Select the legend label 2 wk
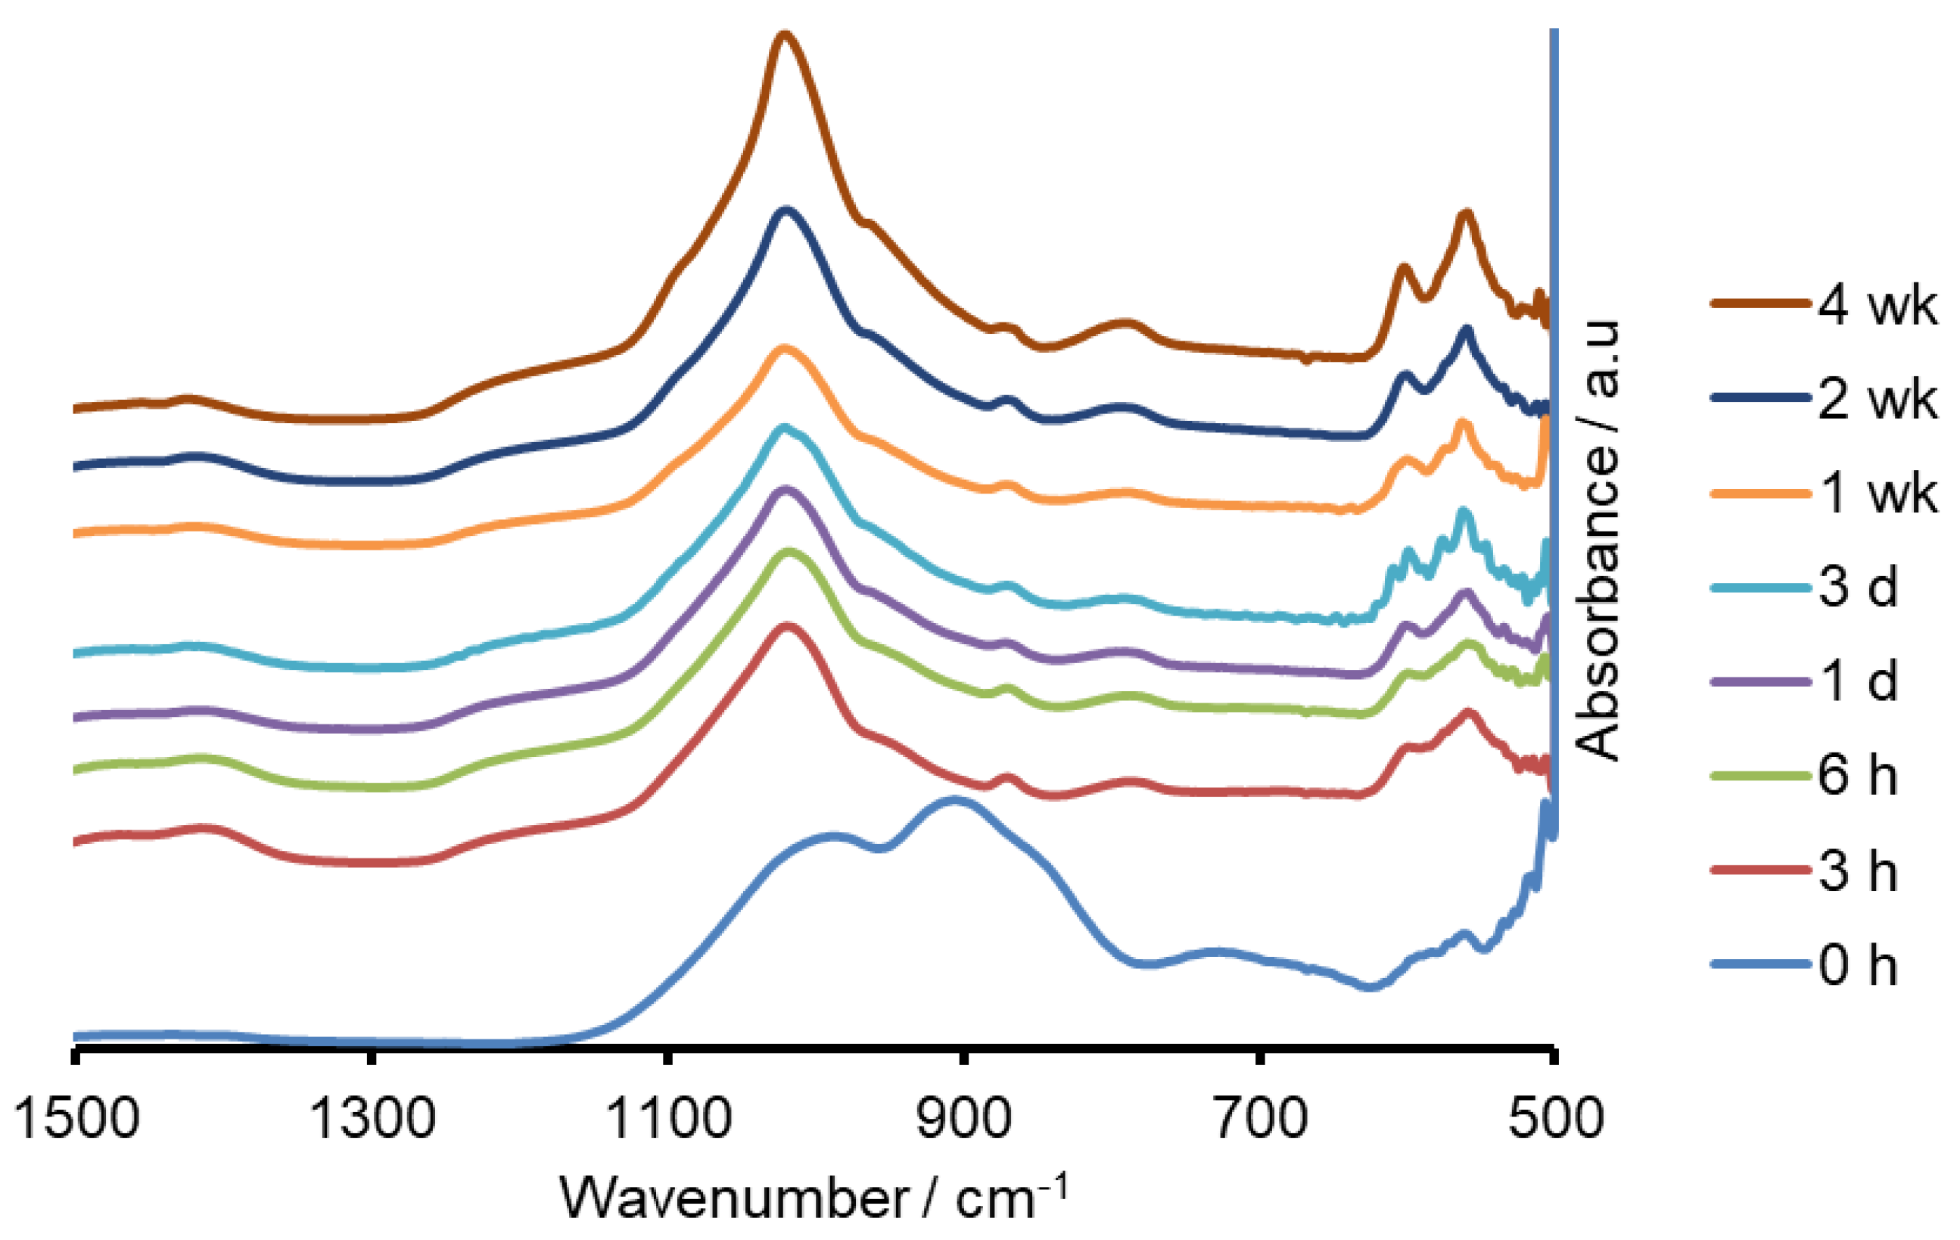pyautogui.click(x=1877, y=400)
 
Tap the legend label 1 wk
pyautogui.click(x=1877, y=494)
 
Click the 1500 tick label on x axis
pyautogui.click(x=76, y=1119)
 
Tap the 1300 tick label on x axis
pyautogui.click(x=373, y=1119)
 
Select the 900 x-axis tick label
pyautogui.click(x=963, y=1119)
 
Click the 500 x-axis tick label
pyautogui.click(x=1555, y=1119)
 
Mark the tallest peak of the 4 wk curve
pyautogui.click(x=785, y=34)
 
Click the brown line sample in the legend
pyautogui.click(x=1760, y=304)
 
